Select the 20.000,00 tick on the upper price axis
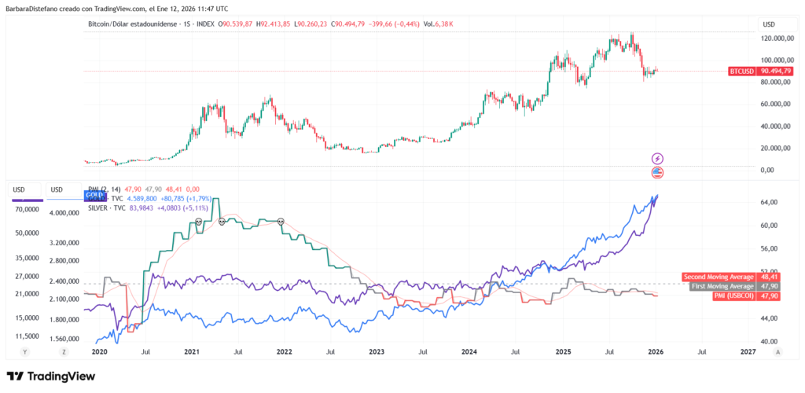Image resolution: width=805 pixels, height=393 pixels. (x=781, y=148)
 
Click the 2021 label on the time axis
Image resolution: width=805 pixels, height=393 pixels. (x=190, y=352)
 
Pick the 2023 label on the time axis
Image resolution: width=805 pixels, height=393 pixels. (x=377, y=352)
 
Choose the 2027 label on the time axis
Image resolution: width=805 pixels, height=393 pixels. (x=748, y=352)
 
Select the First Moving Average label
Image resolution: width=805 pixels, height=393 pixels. (x=721, y=286)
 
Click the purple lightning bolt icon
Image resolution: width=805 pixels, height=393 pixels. (x=658, y=159)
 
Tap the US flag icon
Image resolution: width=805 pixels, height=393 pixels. (x=658, y=172)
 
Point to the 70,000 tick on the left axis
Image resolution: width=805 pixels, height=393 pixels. (x=28, y=210)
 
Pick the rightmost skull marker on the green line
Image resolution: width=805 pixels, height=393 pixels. (x=281, y=222)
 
